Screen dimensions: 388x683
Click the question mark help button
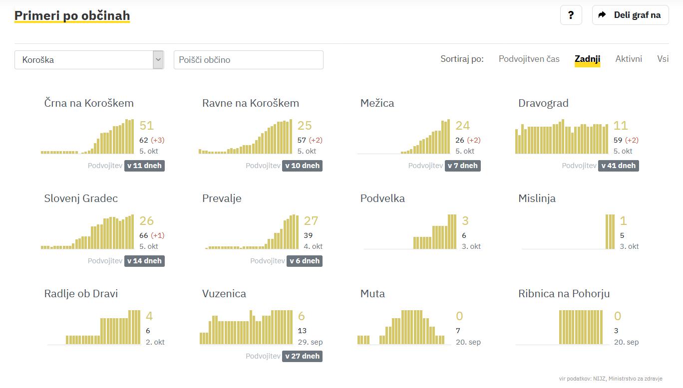[571, 15]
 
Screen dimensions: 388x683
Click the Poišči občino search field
[248, 60]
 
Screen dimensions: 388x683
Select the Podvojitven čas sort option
[529, 59]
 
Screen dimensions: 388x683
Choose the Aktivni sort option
[629, 59]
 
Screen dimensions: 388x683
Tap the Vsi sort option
[663, 59]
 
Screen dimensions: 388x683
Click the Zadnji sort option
[587, 59]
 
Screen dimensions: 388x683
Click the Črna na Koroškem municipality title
[89, 103]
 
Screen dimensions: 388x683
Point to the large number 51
[146, 126]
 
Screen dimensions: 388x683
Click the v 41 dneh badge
[618, 166]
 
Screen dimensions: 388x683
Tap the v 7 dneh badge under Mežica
[462, 166]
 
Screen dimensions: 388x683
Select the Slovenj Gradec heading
[81, 198]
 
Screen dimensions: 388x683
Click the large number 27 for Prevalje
[311, 221]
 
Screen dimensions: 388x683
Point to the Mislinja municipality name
[537, 198]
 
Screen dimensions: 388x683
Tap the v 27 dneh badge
[302, 356]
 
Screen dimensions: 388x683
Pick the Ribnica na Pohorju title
[564, 294]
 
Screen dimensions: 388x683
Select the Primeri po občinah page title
[72, 15]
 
